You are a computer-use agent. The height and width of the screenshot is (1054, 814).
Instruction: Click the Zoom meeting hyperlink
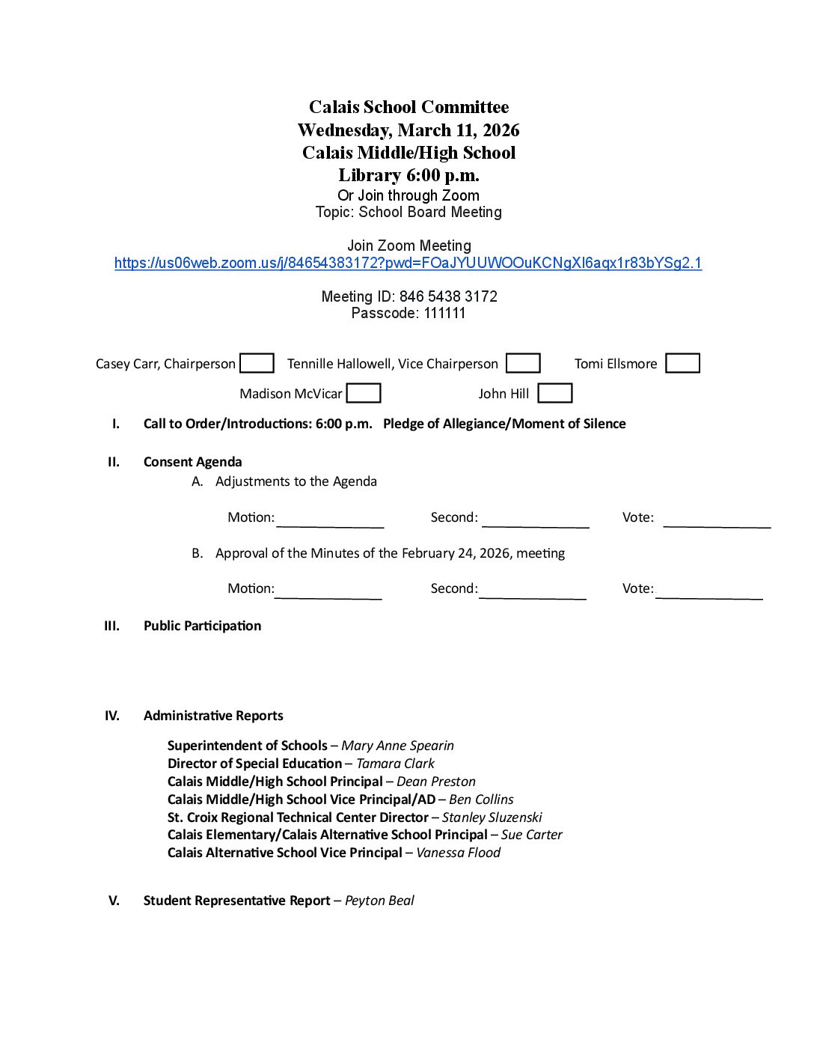pos(408,263)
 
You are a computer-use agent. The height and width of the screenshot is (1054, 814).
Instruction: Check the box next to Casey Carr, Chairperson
pos(257,363)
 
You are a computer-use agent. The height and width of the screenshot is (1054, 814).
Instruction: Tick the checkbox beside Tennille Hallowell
pos(523,363)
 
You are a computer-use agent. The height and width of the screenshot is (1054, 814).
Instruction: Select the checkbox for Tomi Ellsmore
pos(682,363)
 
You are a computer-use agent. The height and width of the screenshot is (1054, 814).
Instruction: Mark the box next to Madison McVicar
pos(364,393)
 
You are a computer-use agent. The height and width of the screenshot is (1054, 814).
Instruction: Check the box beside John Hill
pos(555,393)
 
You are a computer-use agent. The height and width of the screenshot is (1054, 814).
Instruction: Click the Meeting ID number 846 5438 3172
pos(448,296)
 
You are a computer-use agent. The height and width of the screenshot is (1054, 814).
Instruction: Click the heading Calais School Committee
pos(408,107)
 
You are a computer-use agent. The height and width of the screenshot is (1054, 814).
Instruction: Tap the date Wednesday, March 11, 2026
pos(408,130)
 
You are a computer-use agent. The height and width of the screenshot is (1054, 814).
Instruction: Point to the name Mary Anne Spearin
pos(397,746)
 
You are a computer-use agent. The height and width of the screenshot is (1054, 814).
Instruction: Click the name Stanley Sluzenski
pos(492,817)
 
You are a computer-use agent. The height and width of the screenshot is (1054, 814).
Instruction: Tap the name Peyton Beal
pos(379,901)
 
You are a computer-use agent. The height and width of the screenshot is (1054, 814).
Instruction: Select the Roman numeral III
pos(111,626)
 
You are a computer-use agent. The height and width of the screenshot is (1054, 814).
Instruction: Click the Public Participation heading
pos(202,626)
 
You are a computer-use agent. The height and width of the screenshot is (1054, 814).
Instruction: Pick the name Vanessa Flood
pos(458,853)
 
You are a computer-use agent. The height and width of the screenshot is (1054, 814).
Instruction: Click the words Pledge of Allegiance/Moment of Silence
pos(504,424)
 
